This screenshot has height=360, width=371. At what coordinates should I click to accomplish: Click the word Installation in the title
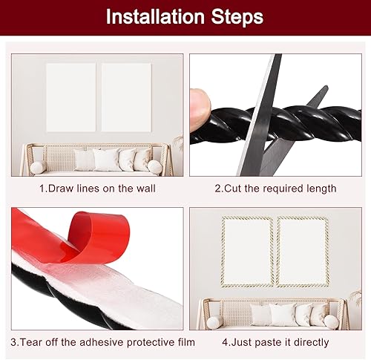148,16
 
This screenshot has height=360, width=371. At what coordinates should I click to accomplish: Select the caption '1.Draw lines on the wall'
97,189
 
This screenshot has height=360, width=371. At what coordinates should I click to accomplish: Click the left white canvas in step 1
71,96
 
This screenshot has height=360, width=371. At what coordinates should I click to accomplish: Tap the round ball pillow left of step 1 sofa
37,168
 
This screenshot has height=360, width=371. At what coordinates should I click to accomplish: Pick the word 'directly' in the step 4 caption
309,341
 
